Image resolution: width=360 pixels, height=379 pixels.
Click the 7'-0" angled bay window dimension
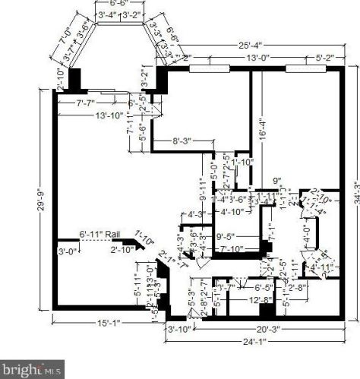pos(63,34)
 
